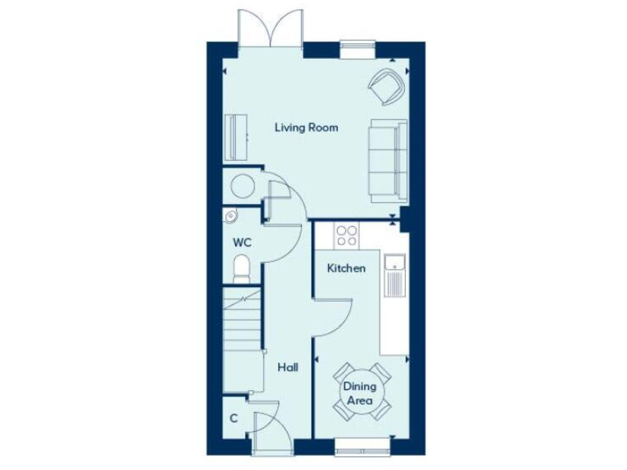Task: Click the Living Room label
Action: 306,128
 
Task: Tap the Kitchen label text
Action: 346,268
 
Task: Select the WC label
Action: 242,242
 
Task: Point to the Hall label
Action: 287,368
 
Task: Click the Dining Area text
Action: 358,393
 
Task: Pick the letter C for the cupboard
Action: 233,419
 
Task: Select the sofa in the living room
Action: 387,160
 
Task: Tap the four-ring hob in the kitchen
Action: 347,236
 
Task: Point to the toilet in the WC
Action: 241,268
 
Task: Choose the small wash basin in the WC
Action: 230,216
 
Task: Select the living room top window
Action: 357,49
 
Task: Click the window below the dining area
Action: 362,446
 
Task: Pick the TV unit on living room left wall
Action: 236,138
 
